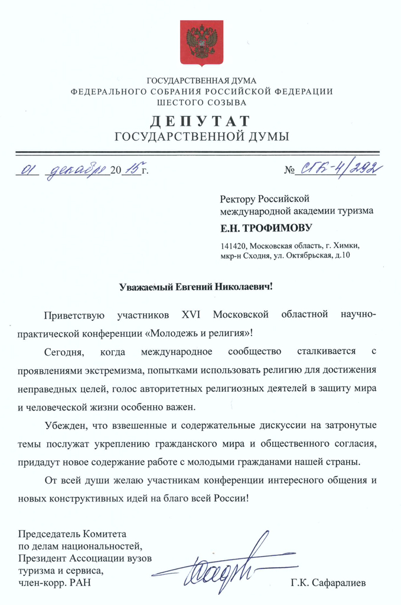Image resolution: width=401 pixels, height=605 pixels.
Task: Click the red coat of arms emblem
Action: pyautogui.click(x=202, y=43)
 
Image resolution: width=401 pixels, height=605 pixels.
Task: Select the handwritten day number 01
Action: pyautogui.click(x=26, y=170)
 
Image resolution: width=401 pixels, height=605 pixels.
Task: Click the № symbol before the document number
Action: pyautogui.click(x=289, y=171)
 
